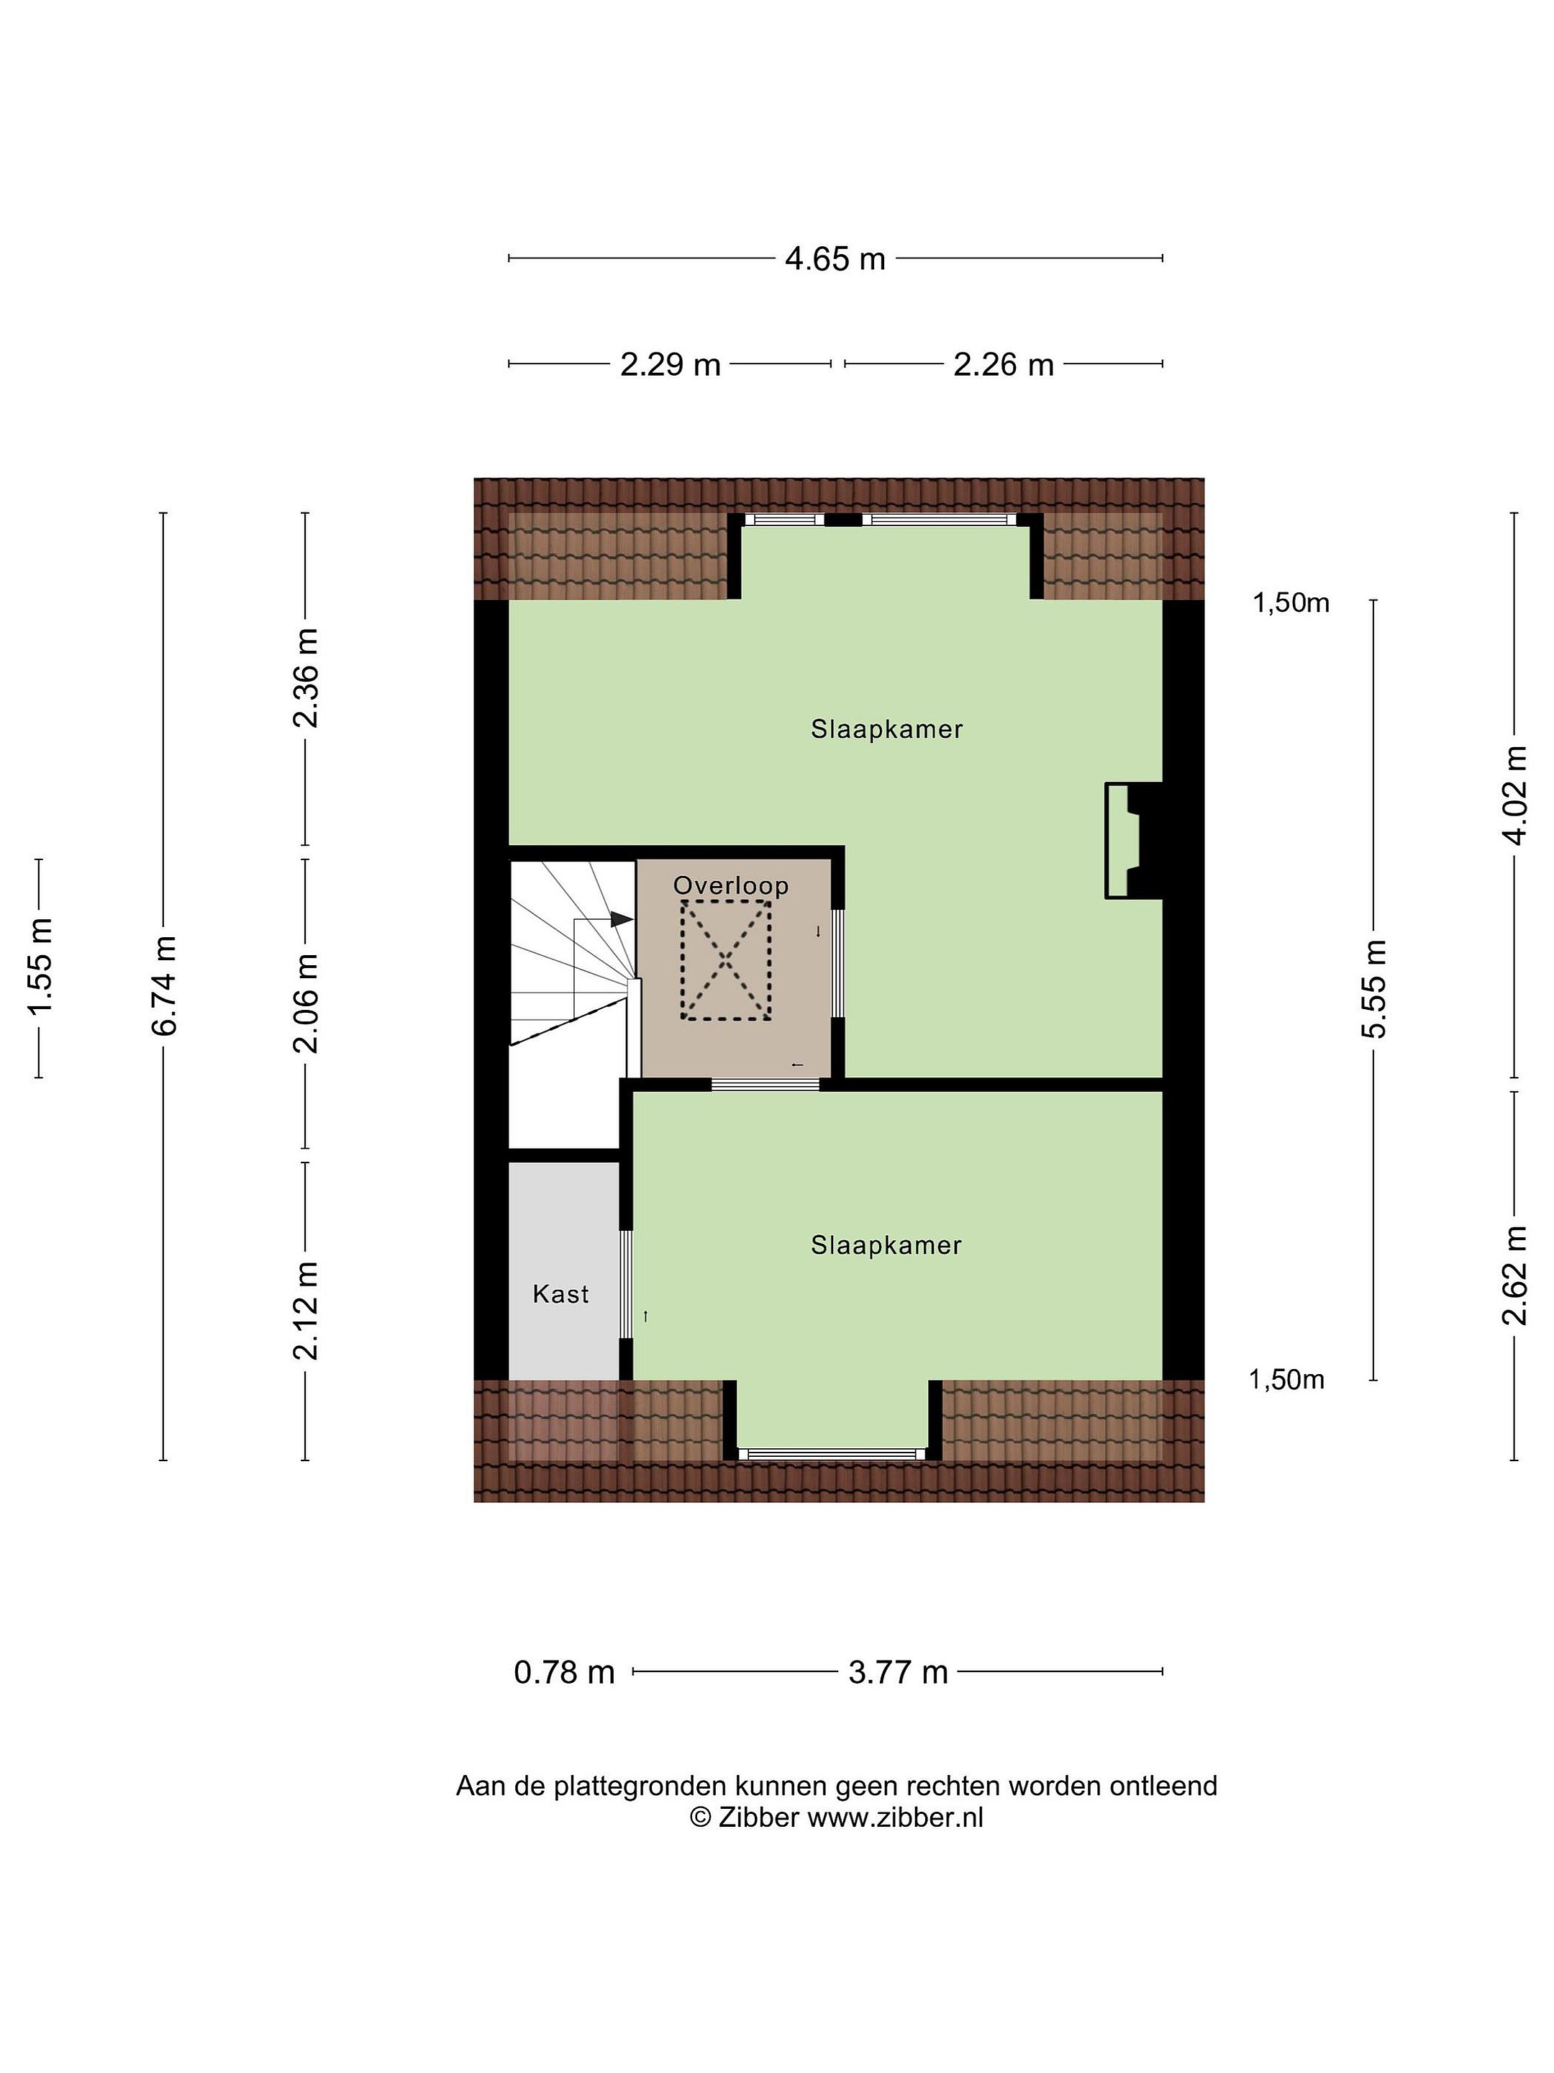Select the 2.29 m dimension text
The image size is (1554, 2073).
click(x=670, y=363)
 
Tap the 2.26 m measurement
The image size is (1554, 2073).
click(x=1003, y=363)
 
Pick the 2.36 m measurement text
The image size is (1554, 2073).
click(x=305, y=677)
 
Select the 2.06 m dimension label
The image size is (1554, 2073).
click(x=305, y=1003)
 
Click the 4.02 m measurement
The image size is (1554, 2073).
click(x=1514, y=795)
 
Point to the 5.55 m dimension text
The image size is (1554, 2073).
click(x=1373, y=989)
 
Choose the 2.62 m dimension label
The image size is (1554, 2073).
click(x=1514, y=1275)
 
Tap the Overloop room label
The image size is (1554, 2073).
click(x=731, y=885)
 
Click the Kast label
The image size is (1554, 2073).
click(x=560, y=1294)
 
